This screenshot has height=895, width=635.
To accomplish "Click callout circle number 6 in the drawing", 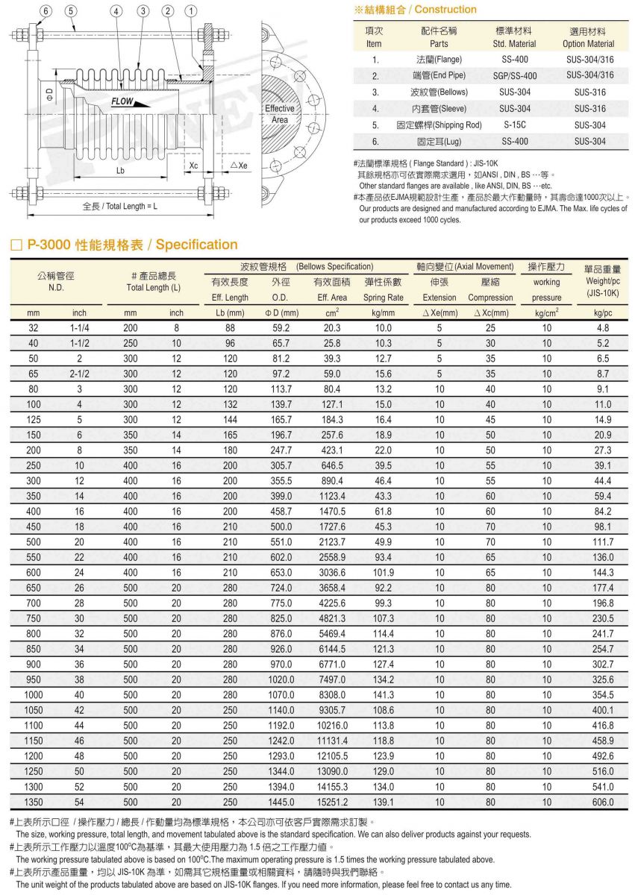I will click(46, 10).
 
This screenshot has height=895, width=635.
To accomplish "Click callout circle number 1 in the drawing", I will click(193, 10).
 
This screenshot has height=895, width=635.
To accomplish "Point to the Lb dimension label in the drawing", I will click(121, 171).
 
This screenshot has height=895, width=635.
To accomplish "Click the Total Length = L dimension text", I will click(119, 206).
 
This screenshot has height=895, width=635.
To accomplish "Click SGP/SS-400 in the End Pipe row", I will click(514, 75).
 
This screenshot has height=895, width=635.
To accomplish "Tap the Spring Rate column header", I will click(384, 297).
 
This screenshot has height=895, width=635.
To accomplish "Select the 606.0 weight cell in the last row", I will click(603, 803).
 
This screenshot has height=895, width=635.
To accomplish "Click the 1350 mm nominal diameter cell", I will click(34, 803).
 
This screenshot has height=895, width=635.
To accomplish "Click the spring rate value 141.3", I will click(384, 695).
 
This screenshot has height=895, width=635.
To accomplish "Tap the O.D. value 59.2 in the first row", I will click(281, 328).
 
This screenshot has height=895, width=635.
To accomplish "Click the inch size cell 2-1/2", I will click(79, 374).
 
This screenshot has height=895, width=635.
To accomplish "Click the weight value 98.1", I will click(603, 527).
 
